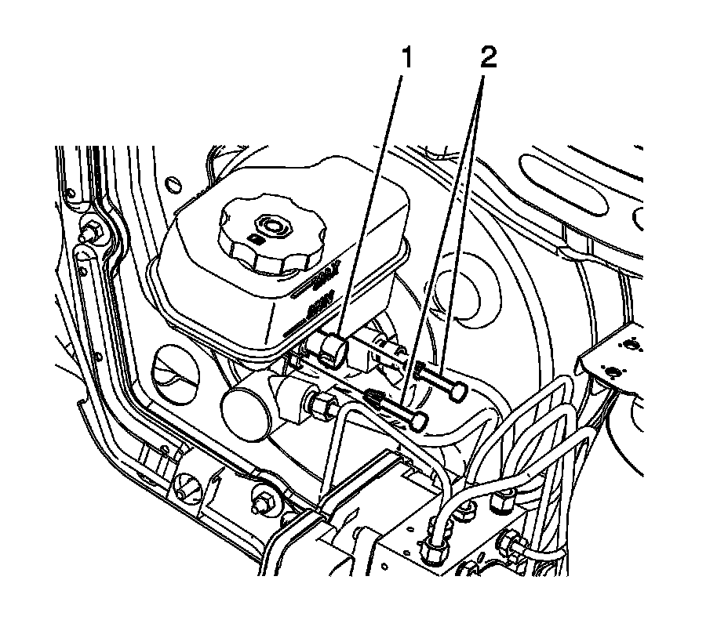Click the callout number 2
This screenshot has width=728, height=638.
[x=487, y=59]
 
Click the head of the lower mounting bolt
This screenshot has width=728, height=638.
[x=418, y=421]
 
